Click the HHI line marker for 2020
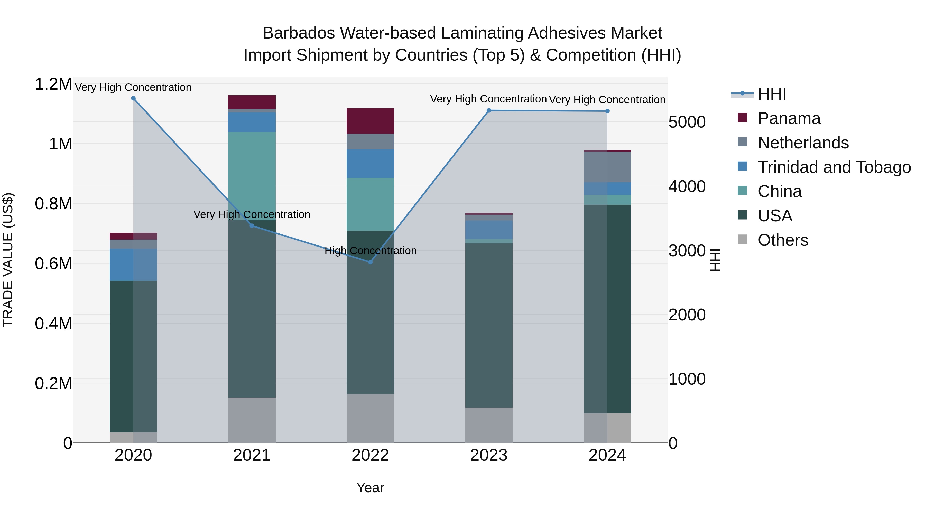pyautogui.click(x=133, y=98)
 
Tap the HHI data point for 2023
pyautogui.click(x=489, y=110)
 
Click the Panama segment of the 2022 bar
pyautogui.click(x=370, y=121)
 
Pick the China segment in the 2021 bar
pyautogui.click(x=252, y=176)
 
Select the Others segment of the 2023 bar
pyautogui.click(x=489, y=425)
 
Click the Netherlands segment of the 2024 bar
pyautogui.click(x=607, y=167)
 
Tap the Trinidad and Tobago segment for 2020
pyautogui.click(x=133, y=264)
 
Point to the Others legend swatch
pyautogui.click(x=742, y=239)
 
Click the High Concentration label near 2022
pyautogui.click(x=370, y=250)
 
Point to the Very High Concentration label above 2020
pyautogui.click(x=133, y=87)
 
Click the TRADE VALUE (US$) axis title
pyautogui.click(x=8, y=260)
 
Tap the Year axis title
pyautogui.click(x=370, y=488)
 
